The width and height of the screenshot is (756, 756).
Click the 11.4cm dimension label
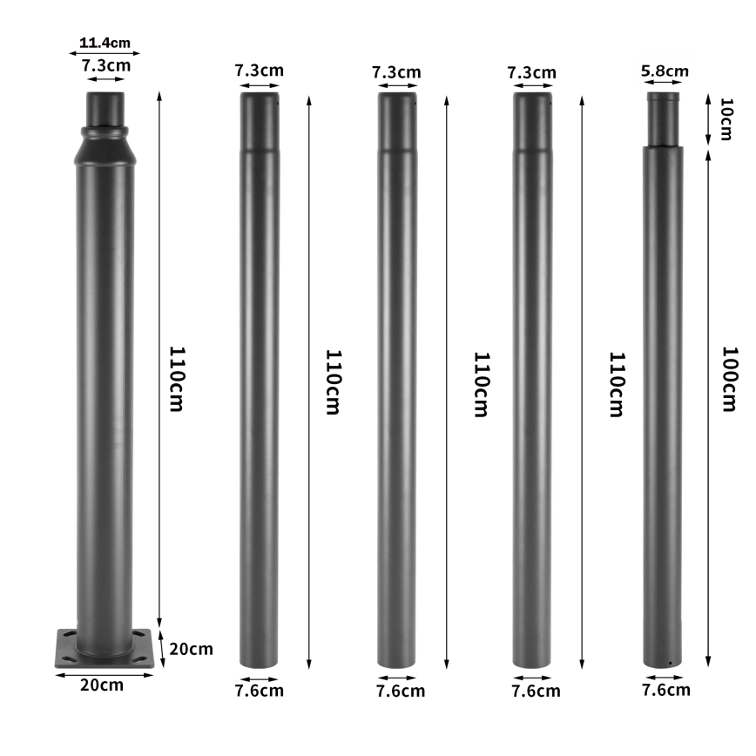pyautogui.click(x=105, y=41)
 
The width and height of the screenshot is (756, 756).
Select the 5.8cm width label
pyautogui.click(x=665, y=71)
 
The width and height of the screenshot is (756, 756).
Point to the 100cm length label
pyautogui.click(x=730, y=379)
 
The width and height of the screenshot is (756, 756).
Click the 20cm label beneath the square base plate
pyautogui.click(x=102, y=685)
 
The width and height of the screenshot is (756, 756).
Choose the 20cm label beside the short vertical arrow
pyautogui.click(x=192, y=649)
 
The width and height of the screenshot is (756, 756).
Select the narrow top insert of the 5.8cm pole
pyautogui.click(x=664, y=119)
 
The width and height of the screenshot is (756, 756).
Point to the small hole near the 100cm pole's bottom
pyautogui.click(x=669, y=663)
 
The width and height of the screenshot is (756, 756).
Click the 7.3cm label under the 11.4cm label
pyautogui.click(x=106, y=65)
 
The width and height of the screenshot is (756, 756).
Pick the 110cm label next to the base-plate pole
pyautogui.click(x=177, y=379)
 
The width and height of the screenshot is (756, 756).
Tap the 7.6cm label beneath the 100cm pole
pyautogui.click(x=665, y=690)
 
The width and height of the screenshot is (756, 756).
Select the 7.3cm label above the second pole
pyautogui.click(x=259, y=71)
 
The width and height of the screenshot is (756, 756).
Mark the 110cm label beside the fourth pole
pyautogui.click(x=616, y=384)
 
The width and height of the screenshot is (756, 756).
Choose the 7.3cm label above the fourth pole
pyautogui.click(x=531, y=72)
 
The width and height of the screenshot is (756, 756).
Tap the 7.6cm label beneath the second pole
pyautogui.click(x=259, y=691)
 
